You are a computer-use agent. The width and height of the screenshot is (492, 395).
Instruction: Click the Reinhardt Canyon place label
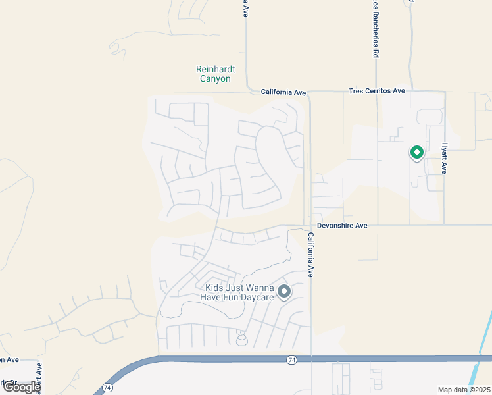[215, 74]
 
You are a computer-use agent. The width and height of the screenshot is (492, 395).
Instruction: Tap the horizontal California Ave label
[283, 92]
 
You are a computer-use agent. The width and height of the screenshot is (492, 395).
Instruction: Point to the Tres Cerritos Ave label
[377, 91]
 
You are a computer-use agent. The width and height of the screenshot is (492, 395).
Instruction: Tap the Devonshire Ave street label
[341, 226]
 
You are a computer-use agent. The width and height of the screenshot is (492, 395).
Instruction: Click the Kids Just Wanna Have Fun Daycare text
[239, 293]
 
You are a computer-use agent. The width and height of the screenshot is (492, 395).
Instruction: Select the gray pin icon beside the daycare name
[284, 291]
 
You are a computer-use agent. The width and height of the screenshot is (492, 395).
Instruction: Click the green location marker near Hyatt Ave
[416, 153]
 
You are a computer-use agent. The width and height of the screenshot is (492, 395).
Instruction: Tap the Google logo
[22, 387]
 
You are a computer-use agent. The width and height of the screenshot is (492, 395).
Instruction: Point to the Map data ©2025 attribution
[464, 390]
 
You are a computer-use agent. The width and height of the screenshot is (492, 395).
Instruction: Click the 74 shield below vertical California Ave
[291, 360]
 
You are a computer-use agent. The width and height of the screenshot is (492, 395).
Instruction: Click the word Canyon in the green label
[215, 79]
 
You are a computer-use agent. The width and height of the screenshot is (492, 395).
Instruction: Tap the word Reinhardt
[215, 69]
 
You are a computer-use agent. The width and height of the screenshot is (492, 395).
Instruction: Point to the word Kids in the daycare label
[215, 288]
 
